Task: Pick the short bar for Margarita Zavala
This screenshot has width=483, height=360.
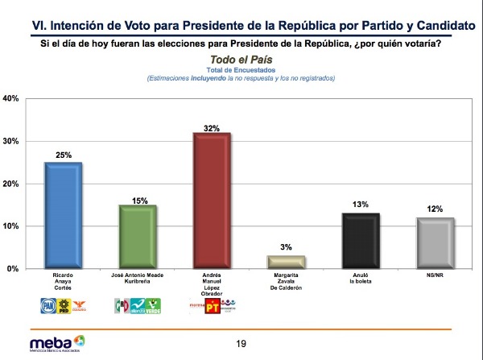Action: point(287,262)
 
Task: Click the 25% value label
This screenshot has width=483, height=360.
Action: point(64,155)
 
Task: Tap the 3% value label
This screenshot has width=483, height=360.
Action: point(287,247)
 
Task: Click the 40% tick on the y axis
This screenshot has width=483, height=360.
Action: point(12,99)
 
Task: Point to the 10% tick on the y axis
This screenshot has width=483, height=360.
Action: point(12,226)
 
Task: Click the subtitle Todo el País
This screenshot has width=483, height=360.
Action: point(242,60)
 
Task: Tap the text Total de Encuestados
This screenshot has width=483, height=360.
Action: point(242,70)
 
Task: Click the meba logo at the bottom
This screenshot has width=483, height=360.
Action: point(52,343)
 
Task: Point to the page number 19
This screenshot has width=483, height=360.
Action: point(241,344)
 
